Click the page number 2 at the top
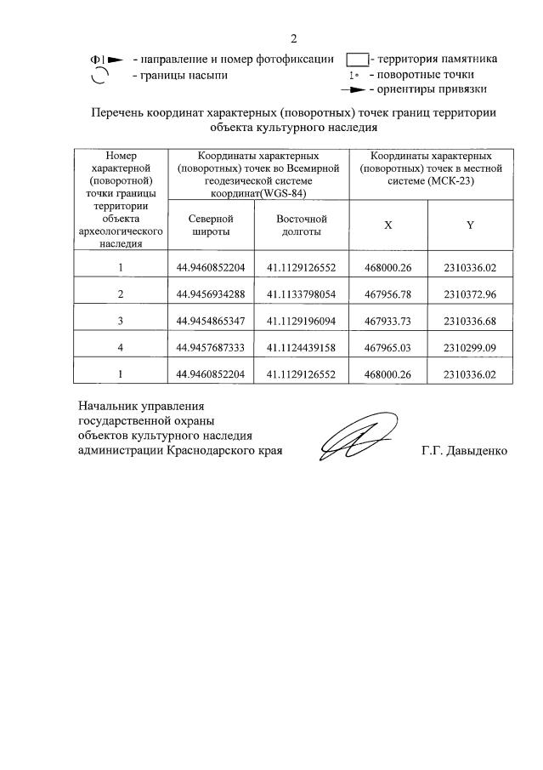click(x=293, y=38)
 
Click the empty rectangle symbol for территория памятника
click(x=357, y=59)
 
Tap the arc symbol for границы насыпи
click(x=99, y=76)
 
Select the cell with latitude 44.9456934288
click(x=210, y=294)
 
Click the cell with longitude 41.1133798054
click(x=301, y=294)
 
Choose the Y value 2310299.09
click(x=469, y=347)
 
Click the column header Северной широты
click(x=210, y=225)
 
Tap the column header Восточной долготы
click(x=301, y=225)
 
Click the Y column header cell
click(x=469, y=225)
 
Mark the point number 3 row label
click(x=121, y=321)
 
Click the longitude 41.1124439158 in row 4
click(x=301, y=347)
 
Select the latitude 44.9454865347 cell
click(x=210, y=321)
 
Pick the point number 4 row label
click(x=121, y=347)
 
